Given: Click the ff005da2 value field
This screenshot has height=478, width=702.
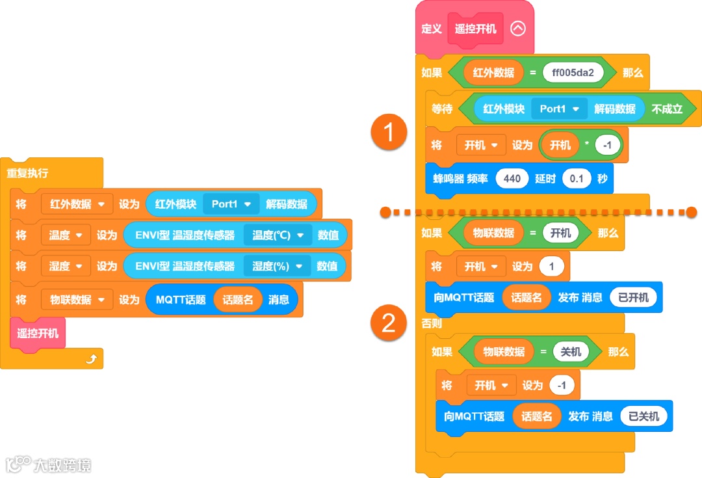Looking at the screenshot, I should [573, 73].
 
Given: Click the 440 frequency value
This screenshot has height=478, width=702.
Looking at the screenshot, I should [512, 178].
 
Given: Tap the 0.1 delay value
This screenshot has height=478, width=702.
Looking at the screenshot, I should [576, 178].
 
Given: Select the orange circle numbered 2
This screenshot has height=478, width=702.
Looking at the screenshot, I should [389, 323].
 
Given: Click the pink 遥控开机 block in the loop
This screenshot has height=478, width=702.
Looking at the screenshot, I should [38, 334].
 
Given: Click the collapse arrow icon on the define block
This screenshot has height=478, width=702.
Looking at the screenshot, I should [517, 29].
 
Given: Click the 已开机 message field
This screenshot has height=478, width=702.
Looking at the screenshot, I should [633, 298].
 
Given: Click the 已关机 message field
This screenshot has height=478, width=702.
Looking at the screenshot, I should [643, 417].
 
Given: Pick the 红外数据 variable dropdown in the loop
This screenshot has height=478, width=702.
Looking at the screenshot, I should [77, 204].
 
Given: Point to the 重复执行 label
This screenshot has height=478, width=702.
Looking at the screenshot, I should [27, 174].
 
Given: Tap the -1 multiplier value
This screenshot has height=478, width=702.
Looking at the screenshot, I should [607, 146].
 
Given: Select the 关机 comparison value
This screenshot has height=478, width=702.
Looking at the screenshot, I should [571, 352].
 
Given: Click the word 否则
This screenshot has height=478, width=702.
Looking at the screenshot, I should [432, 323].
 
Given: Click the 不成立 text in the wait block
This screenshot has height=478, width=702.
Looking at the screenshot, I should [667, 109].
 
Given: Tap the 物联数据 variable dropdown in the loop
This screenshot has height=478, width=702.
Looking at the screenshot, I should [77, 300].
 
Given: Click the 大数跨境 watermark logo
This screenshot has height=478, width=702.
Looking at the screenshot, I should [49, 464].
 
